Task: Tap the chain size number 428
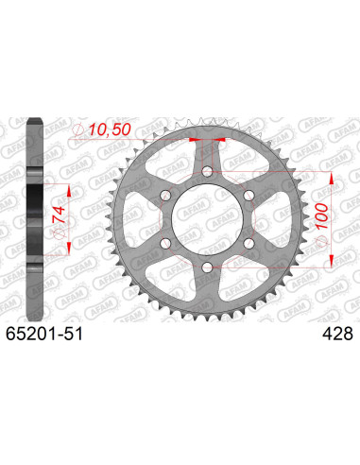tap(336, 334)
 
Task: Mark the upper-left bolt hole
tap(166, 194)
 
